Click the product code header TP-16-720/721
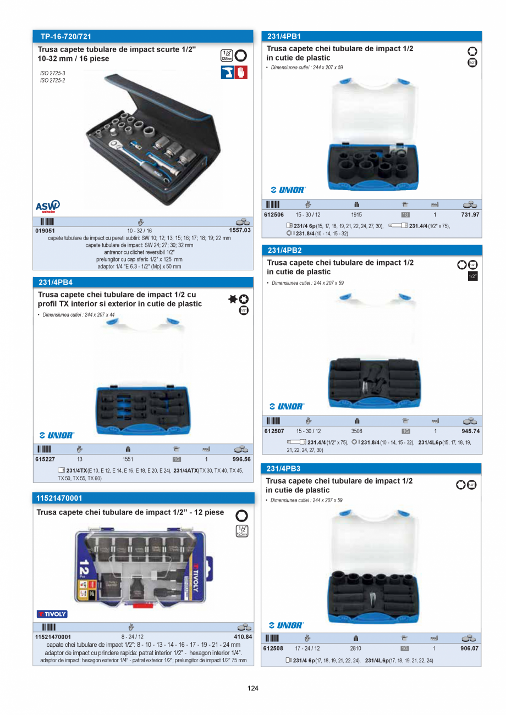tap(65, 37)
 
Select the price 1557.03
tap(239, 231)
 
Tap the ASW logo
tap(48, 206)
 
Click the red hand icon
tap(241, 72)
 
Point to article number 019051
tap(45, 231)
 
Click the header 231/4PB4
tap(56, 282)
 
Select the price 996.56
tap(239, 459)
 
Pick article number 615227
tap(45, 459)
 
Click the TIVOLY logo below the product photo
tap(52, 614)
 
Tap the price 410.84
tap(242, 637)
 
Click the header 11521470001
tap(59, 498)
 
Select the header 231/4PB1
tap(284, 36)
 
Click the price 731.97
tap(470, 214)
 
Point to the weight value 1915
tap(356, 214)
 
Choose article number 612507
tap(273, 431)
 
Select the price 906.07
tap(469, 649)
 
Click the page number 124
tap(253, 688)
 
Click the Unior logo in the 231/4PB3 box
tap(286, 625)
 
